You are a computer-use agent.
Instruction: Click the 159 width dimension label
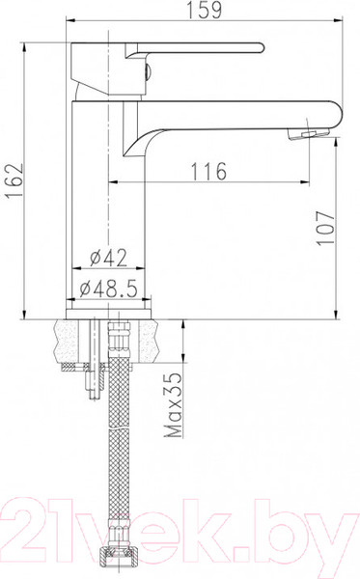tap(205, 10)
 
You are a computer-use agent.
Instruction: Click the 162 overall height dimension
tap(14, 181)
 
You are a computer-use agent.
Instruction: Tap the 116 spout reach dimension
tap(208, 171)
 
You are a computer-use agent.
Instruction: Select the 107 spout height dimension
tap(325, 228)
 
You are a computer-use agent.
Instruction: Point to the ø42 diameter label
tap(108, 258)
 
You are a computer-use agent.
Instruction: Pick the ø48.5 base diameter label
tap(109, 288)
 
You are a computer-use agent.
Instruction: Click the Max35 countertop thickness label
tap(173, 404)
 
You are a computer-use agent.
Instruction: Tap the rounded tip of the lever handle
tap(261, 48)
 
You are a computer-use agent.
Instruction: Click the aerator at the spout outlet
tap(308, 134)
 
